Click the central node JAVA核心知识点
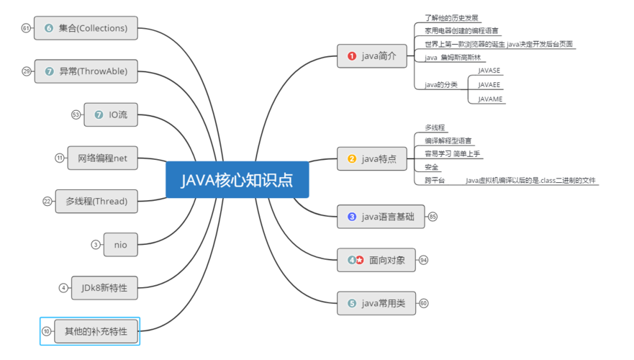point(237,179)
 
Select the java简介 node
point(372,56)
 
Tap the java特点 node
point(372,158)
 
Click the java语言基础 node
point(381,216)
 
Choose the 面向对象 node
point(376,260)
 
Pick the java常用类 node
point(376,303)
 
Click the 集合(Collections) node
point(86,28)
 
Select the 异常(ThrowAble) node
point(86,71)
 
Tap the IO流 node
point(111,114)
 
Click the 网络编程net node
point(103,158)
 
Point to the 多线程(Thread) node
point(96,201)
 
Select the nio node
point(120,244)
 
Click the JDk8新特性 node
point(104,287)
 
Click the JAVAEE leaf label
point(489,85)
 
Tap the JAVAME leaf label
point(490,99)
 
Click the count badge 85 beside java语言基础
point(433,217)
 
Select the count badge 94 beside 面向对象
point(423,260)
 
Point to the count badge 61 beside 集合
point(26,28)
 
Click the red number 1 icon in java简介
point(352,56)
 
